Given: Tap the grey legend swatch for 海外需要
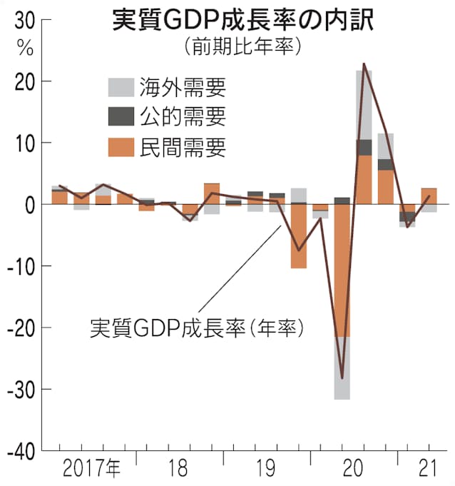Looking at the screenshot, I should click(122, 87).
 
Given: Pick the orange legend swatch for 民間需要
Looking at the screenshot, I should click(122, 147).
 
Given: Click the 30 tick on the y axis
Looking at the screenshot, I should click(24, 21).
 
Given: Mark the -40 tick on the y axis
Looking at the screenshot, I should click(19, 451).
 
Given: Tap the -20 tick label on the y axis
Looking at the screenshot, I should click(19, 328).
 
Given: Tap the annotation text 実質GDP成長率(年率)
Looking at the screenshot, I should click(198, 328).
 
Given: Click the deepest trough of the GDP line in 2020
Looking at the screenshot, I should click(342, 378).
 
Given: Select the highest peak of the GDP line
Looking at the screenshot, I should click(364, 64).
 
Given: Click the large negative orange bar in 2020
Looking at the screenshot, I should click(342, 271).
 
